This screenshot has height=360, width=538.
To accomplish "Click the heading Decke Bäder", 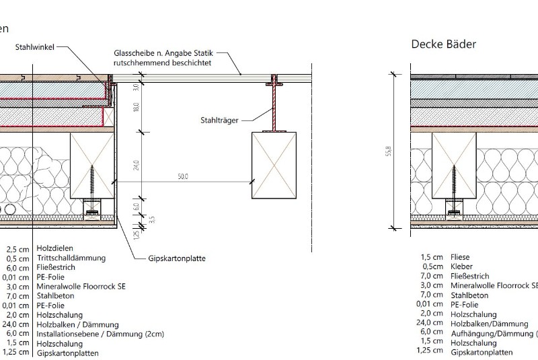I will coord(443,44).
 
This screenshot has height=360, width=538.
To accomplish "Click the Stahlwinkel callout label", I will coord(34,47).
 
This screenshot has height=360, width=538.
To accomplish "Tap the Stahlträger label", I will coord(219,121).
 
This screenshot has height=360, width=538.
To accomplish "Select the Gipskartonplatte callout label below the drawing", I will coord(177,258).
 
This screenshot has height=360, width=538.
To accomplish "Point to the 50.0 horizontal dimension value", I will coord(183,176).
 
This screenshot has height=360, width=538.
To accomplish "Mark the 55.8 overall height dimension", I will coord(389,153).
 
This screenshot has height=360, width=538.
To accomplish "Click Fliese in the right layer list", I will coord(461,257).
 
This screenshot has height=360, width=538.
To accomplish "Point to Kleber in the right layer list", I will coord(463,266).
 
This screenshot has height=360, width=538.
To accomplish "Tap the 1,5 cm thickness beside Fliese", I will coord(431,257).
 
